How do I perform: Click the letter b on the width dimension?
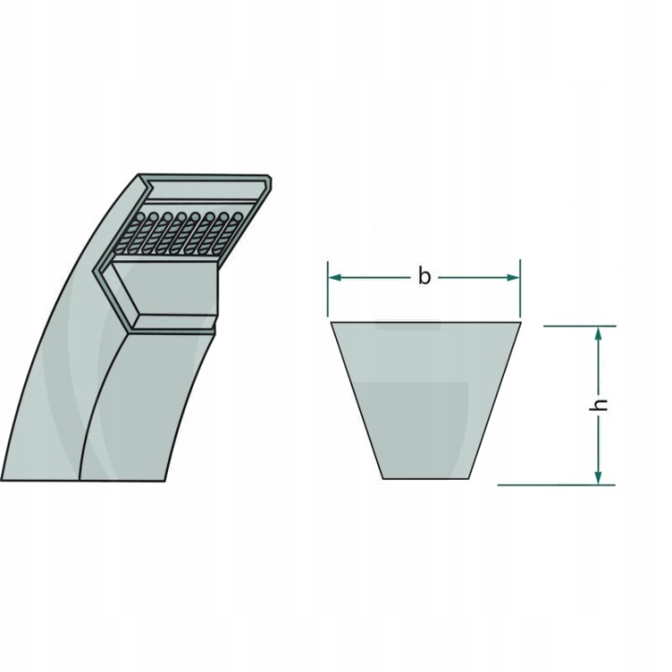point(424,276)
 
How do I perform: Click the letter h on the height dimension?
point(602,404)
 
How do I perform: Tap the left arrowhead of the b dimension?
point(333,277)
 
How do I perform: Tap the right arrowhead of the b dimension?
point(514,277)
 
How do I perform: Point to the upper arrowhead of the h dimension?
point(599,332)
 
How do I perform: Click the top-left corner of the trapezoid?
point(331,323)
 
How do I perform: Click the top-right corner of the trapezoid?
point(521,323)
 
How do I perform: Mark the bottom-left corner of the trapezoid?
point(382,478)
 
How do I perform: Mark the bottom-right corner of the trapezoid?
point(471,478)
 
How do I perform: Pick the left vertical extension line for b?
point(328,289)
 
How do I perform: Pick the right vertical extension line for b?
point(520,289)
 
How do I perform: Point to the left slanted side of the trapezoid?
point(357,400)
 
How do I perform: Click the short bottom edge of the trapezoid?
point(427,478)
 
